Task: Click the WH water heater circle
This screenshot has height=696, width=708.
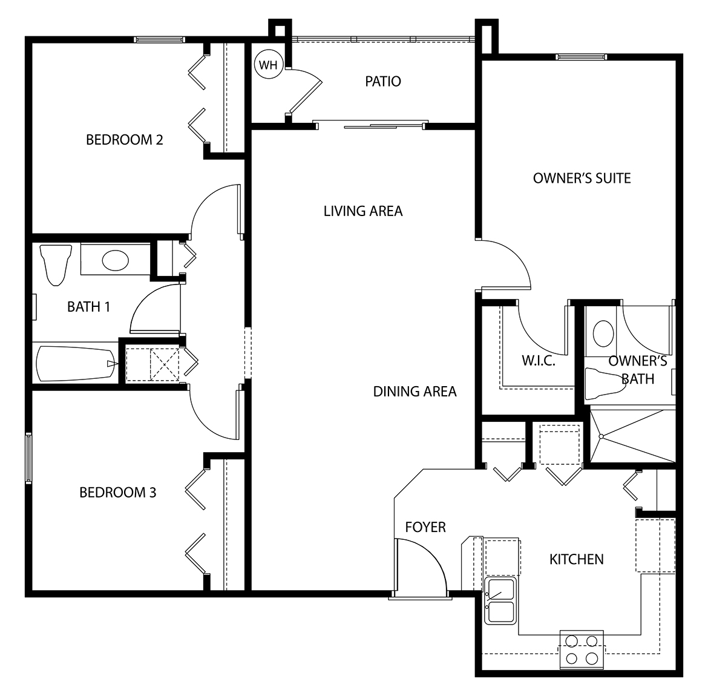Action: tap(267, 65)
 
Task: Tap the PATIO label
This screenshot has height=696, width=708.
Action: tap(382, 81)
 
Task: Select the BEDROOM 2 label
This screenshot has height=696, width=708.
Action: tap(124, 140)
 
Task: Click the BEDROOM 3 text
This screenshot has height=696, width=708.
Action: tap(117, 492)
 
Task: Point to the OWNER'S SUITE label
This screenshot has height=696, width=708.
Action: tap(582, 178)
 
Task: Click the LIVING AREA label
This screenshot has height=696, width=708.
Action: tap(362, 211)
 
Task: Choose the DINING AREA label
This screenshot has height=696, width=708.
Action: tap(415, 392)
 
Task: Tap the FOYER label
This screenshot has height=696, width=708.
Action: tap(425, 527)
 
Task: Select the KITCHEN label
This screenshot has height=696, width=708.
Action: tap(576, 559)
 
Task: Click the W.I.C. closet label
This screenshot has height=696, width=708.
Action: tap(539, 361)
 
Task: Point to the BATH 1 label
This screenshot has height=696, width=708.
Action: tap(88, 307)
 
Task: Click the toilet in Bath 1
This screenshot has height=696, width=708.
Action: tap(55, 264)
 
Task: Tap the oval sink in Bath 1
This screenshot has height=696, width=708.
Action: tap(115, 261)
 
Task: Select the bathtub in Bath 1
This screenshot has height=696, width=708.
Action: tap(76, 363)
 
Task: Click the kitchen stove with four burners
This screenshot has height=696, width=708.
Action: tap(582, 649)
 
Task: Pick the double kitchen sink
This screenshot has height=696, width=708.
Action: tap(500, 600)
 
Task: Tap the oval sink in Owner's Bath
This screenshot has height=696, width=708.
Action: tap(603, 333)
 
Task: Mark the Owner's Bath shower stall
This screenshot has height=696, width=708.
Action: tap(632, 436)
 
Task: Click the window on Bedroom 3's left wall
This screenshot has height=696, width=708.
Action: tap(28, 458)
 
